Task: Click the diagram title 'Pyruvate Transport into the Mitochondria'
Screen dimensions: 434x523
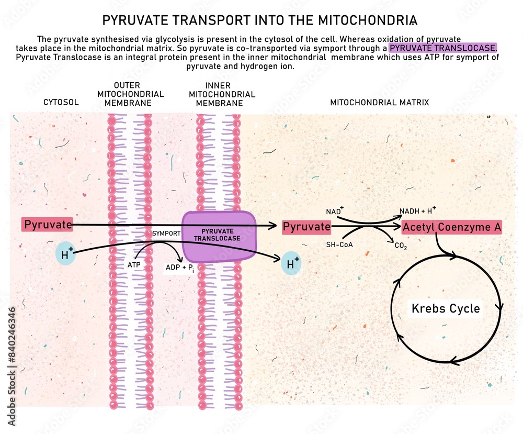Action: [x=259, y=20]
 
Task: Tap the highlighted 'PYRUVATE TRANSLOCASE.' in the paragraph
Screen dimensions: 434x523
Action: [x=444, y=48]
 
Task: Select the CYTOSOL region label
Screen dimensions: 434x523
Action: [x=61, y=103]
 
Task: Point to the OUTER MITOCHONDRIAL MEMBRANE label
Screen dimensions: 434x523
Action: [x=131, y=94]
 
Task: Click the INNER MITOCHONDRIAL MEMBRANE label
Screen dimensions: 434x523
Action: [x=222, y=94]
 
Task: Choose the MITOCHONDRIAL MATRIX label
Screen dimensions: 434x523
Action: [x=379, y=103]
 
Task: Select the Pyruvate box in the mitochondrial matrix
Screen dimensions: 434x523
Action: [x=306, y=227]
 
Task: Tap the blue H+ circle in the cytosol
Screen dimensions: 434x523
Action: [x=65, y=254]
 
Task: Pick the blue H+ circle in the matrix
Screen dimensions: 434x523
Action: [x=291, y=263]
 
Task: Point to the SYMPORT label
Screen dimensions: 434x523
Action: [x=166, y=233]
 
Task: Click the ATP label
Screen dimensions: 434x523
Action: [x=134, y=265]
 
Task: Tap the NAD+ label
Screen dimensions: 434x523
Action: [x=335, y=211]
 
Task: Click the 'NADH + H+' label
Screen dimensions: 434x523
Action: [x=417, y=210]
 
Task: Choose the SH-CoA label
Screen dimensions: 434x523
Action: [x=338, y=244]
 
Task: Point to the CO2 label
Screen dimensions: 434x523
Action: [x=401, y=244]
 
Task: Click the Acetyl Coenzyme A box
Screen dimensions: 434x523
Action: [x=452, y=227]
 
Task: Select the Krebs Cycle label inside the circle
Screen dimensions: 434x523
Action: [x=446, y=308]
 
